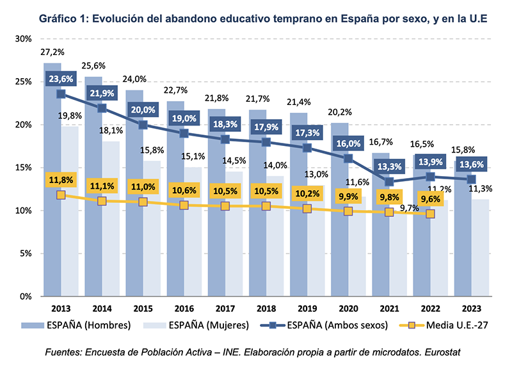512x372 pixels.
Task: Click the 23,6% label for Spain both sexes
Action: pyautogui.click(x=61, y=79)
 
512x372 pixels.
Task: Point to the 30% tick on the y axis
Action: pyautogui.click(x=23, y=39)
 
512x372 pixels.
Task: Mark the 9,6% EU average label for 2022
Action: pyautogui.click(x=430, y=197)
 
